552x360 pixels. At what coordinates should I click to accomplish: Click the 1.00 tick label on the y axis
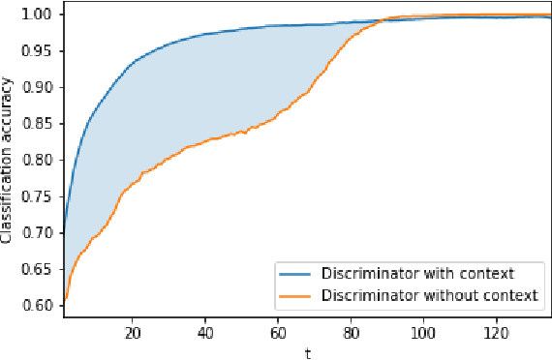click(x=43, y=15)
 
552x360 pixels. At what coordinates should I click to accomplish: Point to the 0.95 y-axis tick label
click(x=43, y=51)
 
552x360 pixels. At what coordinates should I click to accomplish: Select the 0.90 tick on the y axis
click(x=43, y=87)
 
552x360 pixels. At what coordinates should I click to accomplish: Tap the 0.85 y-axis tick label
click(x=43, y=124)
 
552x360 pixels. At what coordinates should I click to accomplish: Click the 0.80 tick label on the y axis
click(x=43, y=160)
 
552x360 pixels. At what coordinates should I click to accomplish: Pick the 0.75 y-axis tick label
click(x=43, y=196)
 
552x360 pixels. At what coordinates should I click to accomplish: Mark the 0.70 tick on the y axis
click(x=43, y=232)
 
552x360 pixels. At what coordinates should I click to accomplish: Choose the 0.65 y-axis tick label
click(x=43, y=269)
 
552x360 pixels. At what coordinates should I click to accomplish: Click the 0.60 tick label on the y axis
click(x=43, y=305)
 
